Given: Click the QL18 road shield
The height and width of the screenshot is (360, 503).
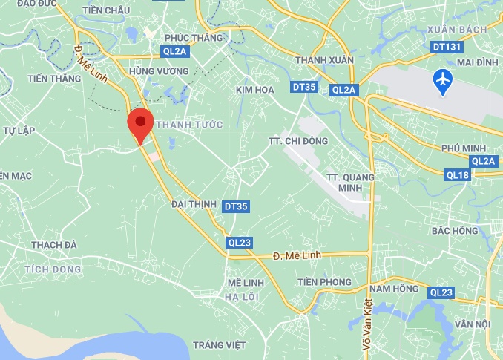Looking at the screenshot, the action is [x=458, y=175].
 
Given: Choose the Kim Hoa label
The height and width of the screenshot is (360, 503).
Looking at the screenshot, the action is [x=255, y=90].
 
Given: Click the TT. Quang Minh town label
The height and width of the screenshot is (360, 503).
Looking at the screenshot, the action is [x=350, y=182].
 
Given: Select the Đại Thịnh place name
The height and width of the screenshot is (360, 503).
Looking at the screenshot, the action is [x=193, y=203].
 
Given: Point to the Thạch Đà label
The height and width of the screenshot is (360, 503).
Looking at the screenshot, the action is [x=54, y=245].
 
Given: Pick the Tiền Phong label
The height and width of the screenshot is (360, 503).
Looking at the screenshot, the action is [x=324, y=282].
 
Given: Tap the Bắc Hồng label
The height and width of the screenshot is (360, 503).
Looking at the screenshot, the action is [x=455, y=231].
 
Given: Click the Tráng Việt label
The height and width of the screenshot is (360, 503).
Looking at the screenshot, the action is [x=219, y=345].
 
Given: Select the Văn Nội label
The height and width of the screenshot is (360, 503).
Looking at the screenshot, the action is [x=473, y=324].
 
